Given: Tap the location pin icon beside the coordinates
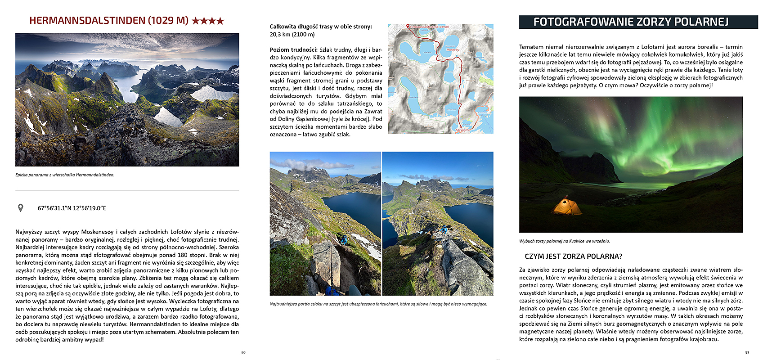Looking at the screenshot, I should point(20,208).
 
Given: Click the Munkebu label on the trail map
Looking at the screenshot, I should point(453,50).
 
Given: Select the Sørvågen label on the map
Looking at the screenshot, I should point(462,130).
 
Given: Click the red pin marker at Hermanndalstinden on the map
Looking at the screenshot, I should point(408,26).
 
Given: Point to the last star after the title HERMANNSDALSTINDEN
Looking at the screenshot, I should point(220,21).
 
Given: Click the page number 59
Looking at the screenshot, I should point(243,352).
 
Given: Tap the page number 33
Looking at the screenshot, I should point(747,352).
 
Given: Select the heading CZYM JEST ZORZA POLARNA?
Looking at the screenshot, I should point(573,256).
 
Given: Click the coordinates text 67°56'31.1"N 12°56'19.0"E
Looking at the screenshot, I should point(72,208).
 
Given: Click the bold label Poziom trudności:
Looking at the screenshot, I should point(294,50).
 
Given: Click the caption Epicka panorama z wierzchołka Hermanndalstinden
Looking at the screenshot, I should point(65,175).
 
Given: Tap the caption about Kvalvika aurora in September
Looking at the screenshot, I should point(564,241).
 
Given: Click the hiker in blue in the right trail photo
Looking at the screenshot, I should point(444,229).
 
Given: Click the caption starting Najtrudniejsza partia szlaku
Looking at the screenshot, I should point(378,304).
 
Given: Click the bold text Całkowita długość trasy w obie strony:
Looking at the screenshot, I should point(321,27).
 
